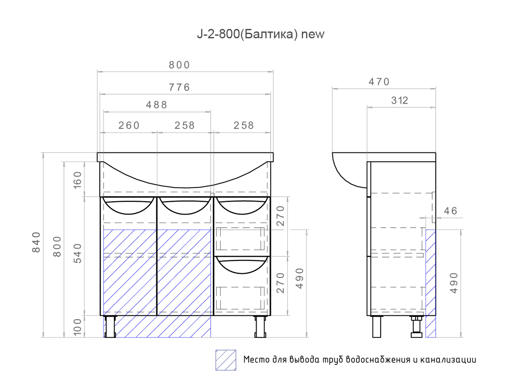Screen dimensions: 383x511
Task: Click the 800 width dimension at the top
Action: coord(179,65)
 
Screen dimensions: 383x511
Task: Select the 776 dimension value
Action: coord(179,88)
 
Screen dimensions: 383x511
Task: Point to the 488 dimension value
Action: coord(157,105)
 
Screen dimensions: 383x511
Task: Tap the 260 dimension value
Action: coord(129,126)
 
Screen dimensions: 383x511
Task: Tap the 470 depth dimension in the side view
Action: coord(379,82)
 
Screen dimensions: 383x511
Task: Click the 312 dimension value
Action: coord(399,100)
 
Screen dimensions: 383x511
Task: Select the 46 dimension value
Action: coord(450,211)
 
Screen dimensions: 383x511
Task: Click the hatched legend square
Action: coord(226,360)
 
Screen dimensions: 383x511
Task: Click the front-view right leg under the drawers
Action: coord(259,326)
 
